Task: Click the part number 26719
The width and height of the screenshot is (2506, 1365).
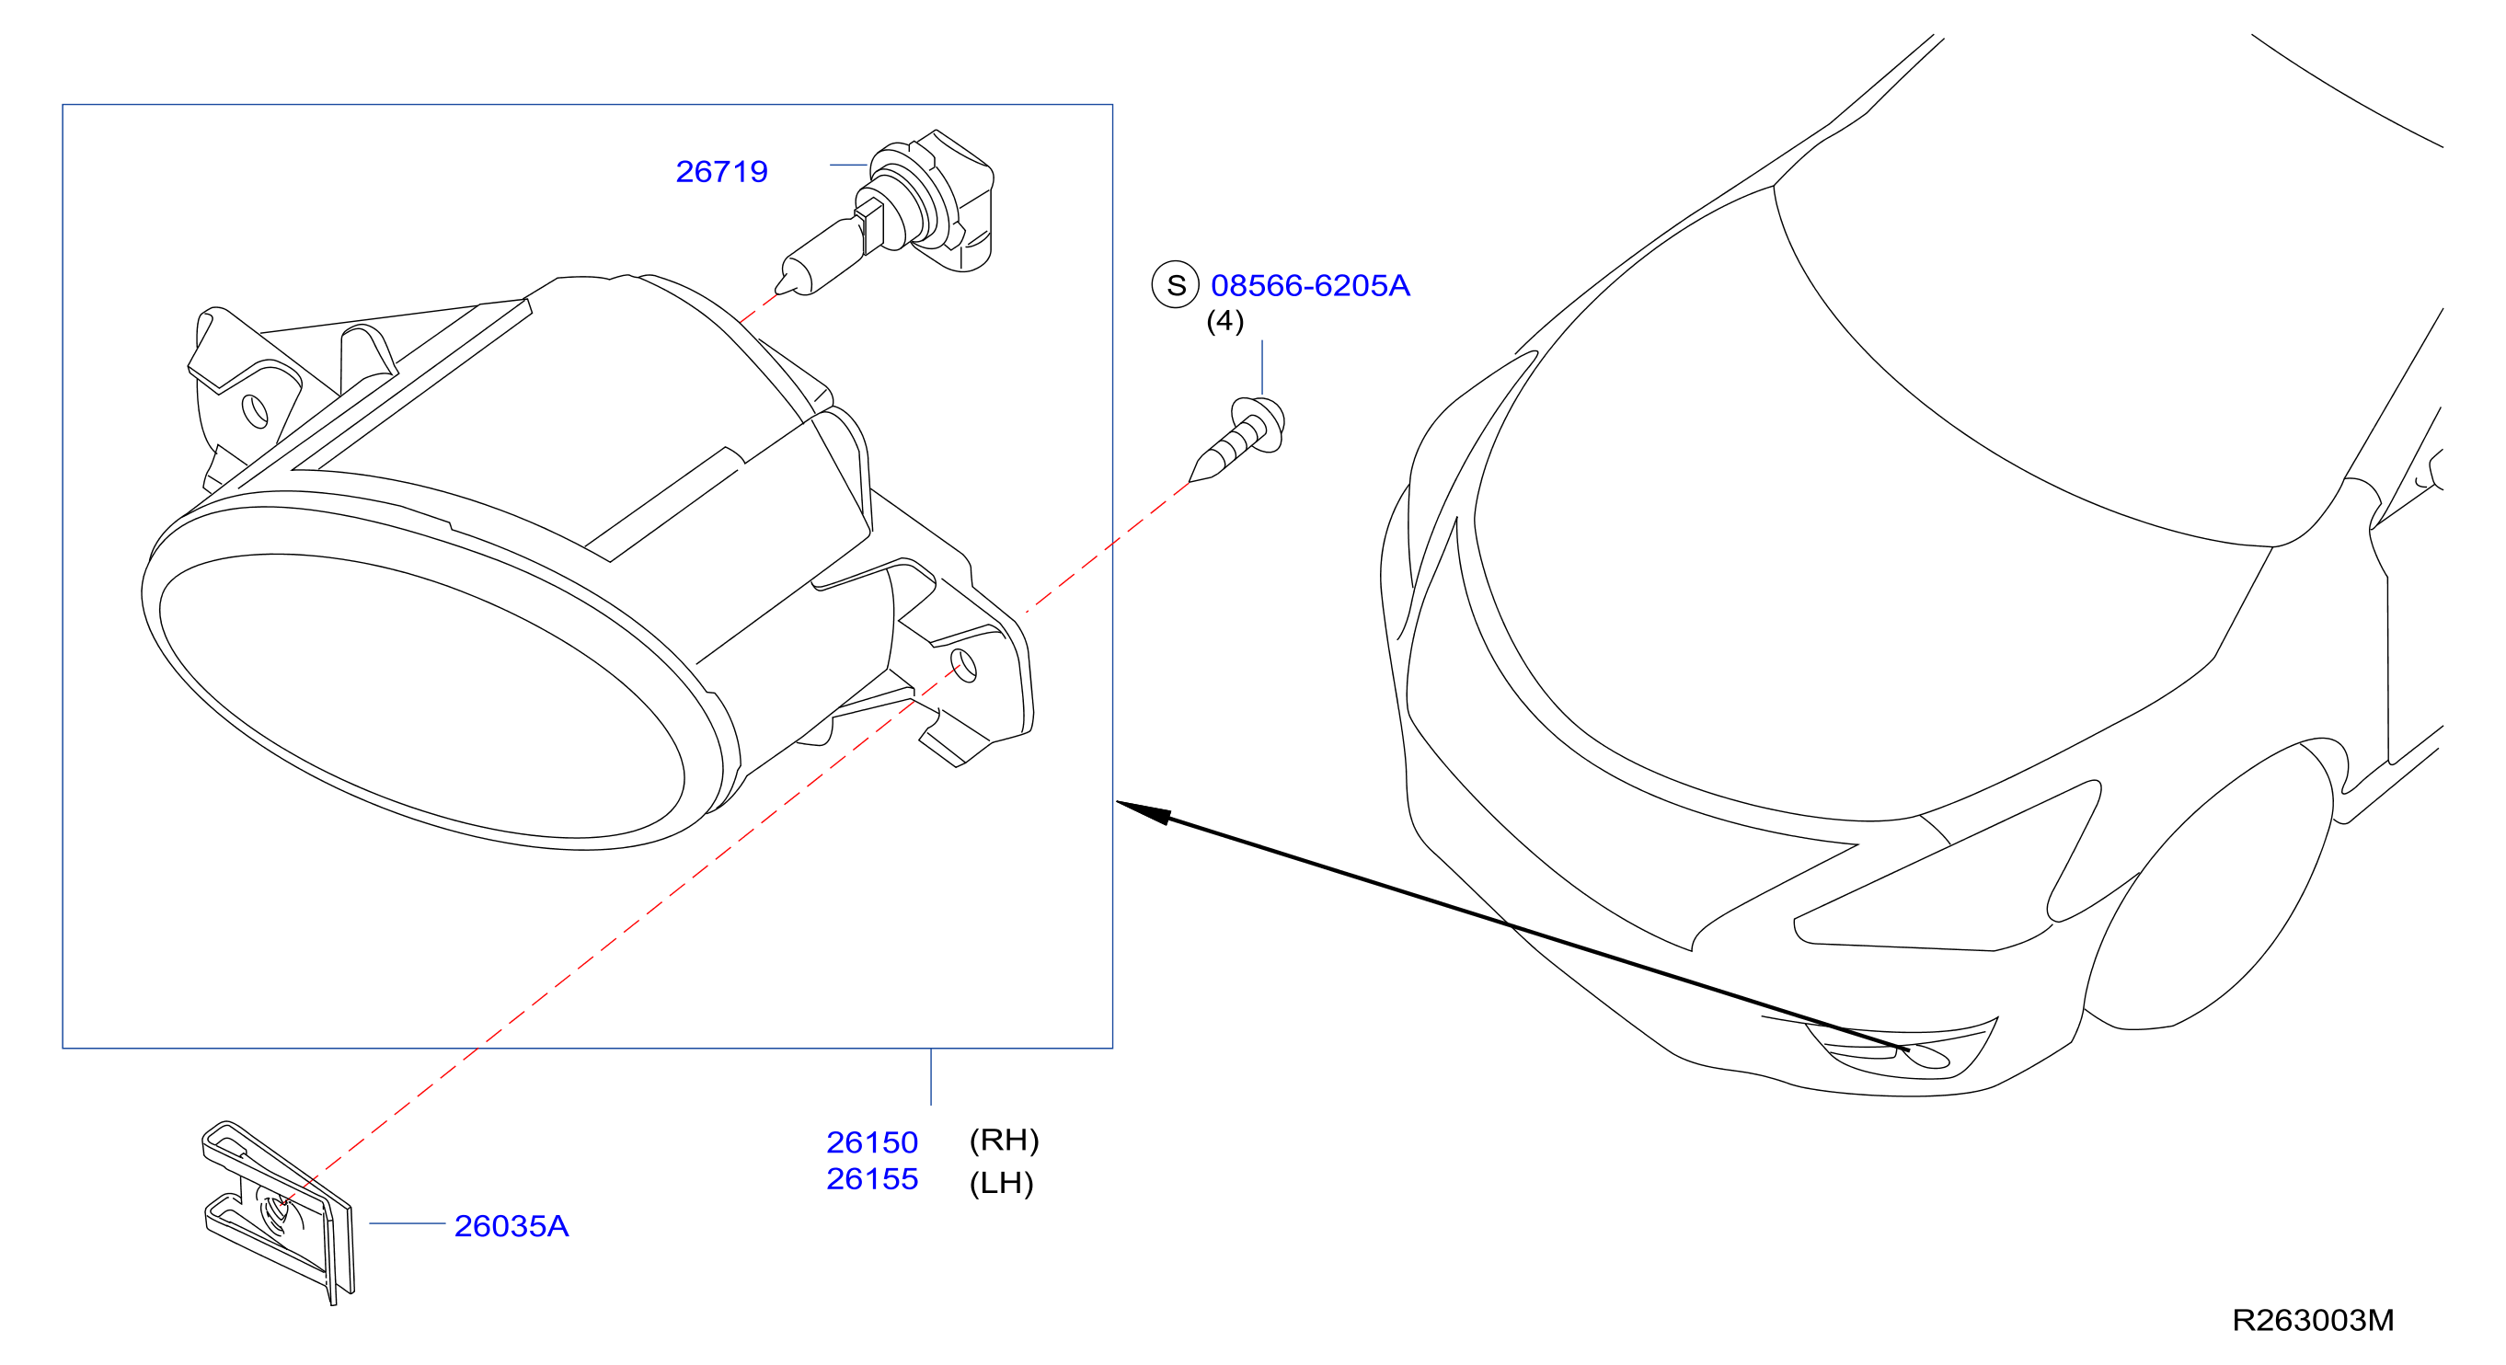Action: pos(721,171)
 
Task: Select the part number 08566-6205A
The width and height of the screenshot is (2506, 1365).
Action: pos(1309,285)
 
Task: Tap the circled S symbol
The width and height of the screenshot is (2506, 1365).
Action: pos(1175,285)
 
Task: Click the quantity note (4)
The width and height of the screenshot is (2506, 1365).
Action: pos(1224,321)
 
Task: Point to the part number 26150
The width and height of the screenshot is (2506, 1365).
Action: pos(871,1141)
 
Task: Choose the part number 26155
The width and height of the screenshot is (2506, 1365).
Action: pos(871,1178)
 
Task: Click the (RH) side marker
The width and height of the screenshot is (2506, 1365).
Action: pos(1004,1140)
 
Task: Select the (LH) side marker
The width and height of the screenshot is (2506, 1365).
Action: pos(1001,1183)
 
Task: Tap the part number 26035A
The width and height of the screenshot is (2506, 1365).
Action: pos(511,1226)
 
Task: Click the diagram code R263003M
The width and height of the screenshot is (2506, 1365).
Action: pos(2313,1319)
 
